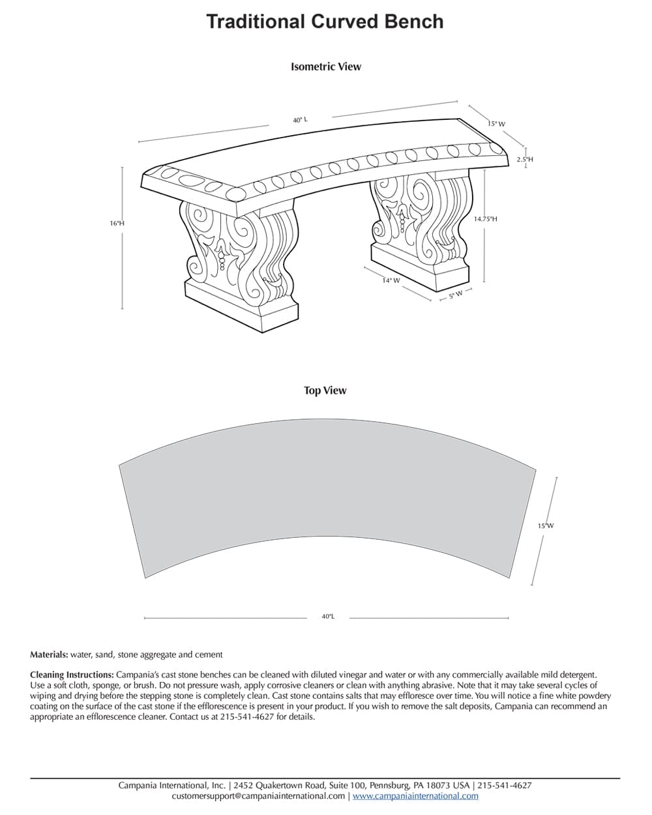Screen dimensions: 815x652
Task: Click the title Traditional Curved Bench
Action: click(x=325, y=22)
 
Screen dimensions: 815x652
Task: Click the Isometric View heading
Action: click(x=325, y=67)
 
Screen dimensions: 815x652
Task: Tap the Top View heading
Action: click(x=325, y=391)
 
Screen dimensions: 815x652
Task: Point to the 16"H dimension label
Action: click(x=117, y=224)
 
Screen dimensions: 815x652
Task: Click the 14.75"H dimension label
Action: click(x=485, y=220)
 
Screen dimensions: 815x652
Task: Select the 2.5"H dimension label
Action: click(x=525, y=159)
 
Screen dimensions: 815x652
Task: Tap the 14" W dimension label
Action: click(x=391, y=281)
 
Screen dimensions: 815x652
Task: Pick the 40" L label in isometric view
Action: click(x=300, y=120)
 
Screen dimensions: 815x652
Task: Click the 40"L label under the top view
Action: click(x=327, y=617)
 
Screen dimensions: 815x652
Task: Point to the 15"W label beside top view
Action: click(x=545, y=526)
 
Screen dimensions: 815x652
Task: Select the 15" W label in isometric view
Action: click(x=496, y=124)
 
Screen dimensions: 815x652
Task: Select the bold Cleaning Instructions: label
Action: click(x=72, y=675)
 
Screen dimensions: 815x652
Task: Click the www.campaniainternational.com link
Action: click(x=415, y=796)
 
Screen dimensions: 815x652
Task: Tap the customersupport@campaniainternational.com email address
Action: click(x=258, y=796)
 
